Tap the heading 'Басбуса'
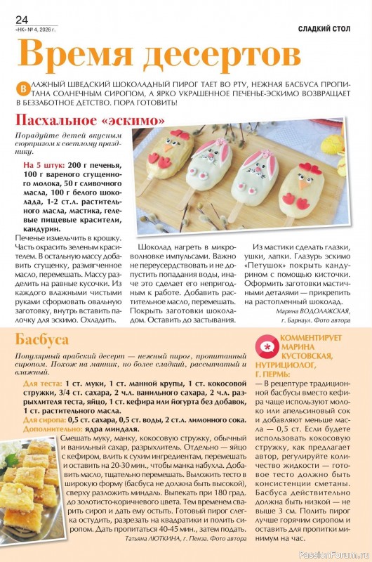click(x=41, y=339)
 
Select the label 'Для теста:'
click(x=42, y=385)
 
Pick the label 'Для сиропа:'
click(x=46, y=419)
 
